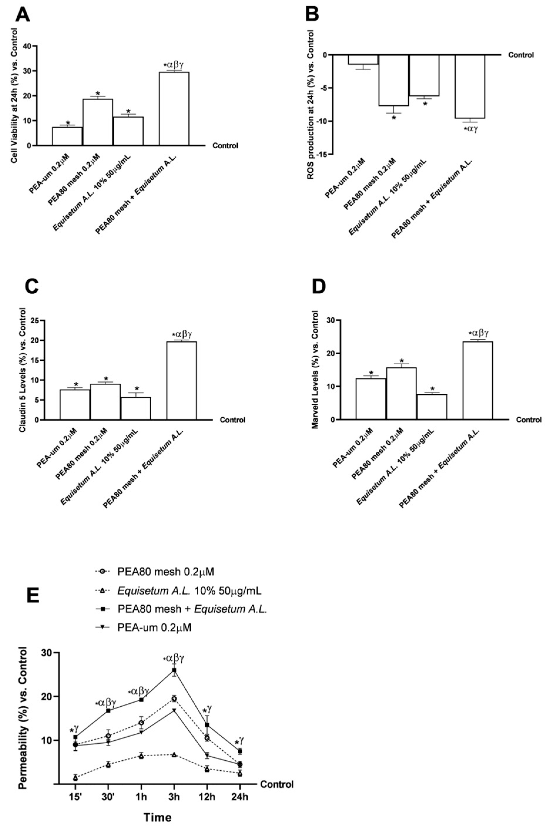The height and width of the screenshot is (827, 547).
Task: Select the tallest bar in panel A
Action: tap(174, 109)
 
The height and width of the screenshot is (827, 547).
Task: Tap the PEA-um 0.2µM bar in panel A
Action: tap(67, 136)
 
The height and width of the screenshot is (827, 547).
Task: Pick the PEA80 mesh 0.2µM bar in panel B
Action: tap(394, 80)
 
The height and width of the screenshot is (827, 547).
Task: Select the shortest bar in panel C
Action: tap(136, 408)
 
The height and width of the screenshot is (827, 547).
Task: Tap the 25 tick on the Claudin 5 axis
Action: tap(35, 320)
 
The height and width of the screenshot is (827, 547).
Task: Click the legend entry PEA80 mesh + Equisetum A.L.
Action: tap(192, 609)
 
